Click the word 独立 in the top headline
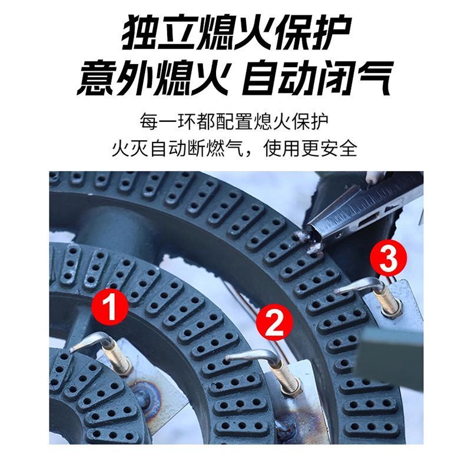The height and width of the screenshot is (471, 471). pos(151,34)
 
